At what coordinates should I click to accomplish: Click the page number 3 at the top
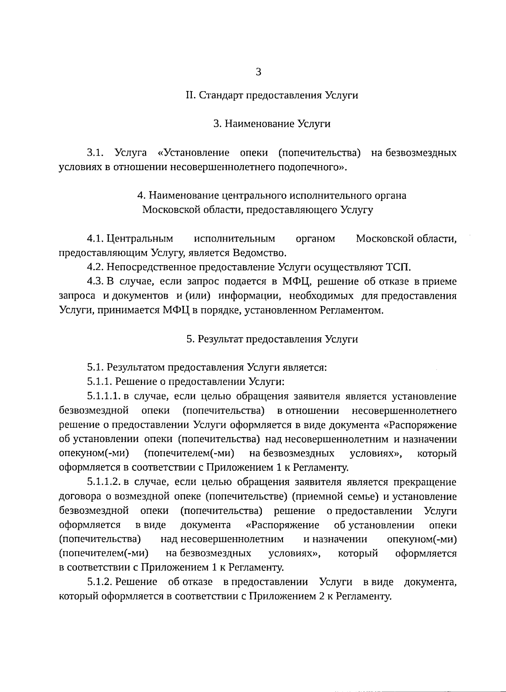click(x=258, y=72)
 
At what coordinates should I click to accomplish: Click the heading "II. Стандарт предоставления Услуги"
click(x=272, y=95)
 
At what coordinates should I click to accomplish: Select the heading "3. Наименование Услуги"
click(x=272, y=124)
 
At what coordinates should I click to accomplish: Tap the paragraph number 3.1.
click(x=95, y=152)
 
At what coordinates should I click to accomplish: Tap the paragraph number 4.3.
click(x=95, y=282)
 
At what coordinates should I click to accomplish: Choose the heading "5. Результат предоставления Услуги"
click(x=272, y=339)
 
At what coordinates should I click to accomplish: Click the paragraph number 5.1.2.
click(x=100, y=582)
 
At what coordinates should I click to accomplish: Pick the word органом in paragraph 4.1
click(x=315, y=239)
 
